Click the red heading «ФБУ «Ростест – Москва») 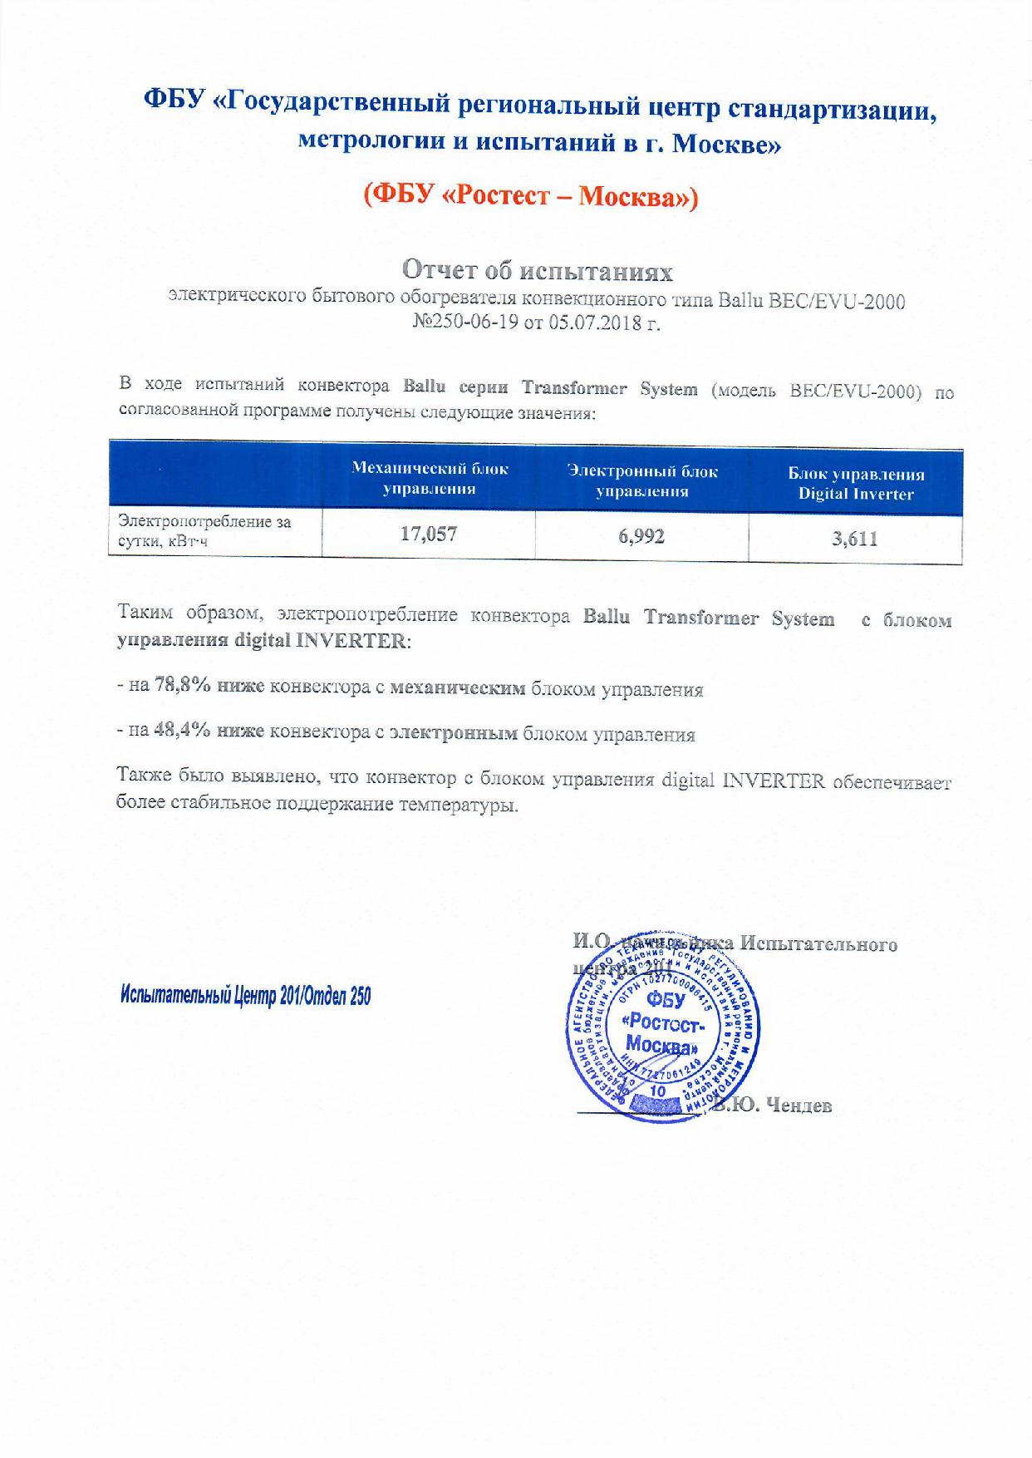[530, 195]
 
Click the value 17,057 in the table [429, 534]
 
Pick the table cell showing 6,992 [641, 537]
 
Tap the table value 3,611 [855, 539]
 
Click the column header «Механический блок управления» [430, 479]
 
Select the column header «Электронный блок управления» [642, 481]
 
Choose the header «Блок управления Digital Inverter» [856, 484]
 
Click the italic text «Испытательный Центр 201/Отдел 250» [246, 996]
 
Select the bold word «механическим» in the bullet [457, 688]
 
